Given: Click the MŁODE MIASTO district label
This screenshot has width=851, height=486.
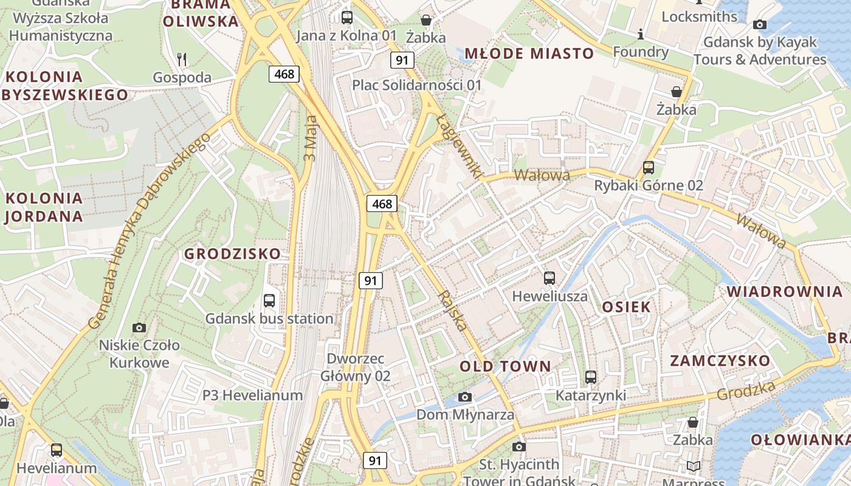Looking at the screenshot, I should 529,53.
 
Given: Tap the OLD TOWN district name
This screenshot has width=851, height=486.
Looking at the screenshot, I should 505,366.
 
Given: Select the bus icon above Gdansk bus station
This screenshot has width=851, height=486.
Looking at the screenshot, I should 269,300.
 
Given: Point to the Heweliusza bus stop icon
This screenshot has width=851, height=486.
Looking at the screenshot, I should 550,278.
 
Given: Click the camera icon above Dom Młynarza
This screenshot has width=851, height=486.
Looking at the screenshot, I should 465,397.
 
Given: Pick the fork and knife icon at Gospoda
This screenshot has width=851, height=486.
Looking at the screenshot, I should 181,59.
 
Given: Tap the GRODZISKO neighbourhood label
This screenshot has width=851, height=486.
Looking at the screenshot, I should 233,254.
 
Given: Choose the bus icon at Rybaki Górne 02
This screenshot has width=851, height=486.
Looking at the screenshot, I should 649,167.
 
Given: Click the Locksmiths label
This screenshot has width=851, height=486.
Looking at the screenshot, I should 699,16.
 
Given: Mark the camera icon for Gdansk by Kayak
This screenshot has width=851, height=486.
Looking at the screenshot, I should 759,25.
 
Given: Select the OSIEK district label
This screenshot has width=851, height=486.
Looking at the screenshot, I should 626,307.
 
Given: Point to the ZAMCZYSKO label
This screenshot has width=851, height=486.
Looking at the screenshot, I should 720,361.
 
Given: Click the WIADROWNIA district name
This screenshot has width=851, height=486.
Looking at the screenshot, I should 785,292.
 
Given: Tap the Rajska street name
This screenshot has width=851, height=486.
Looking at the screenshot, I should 452,310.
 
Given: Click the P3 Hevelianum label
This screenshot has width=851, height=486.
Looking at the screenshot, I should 252,395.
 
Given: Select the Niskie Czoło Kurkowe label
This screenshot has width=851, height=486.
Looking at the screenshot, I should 139,354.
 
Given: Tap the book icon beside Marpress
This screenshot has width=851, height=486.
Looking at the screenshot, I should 693,466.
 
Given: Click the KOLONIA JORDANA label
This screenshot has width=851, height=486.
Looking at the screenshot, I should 44,207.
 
